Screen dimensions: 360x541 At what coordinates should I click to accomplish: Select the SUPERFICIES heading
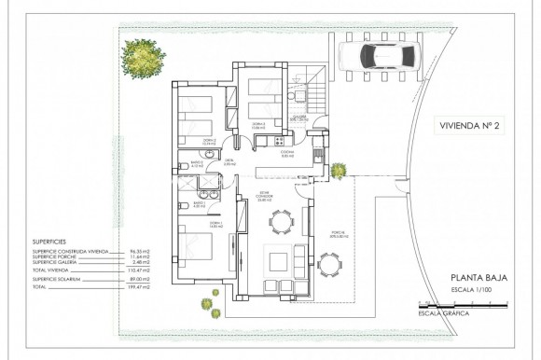coord(52,240)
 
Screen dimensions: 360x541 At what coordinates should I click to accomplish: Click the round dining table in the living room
coord(280,220)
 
